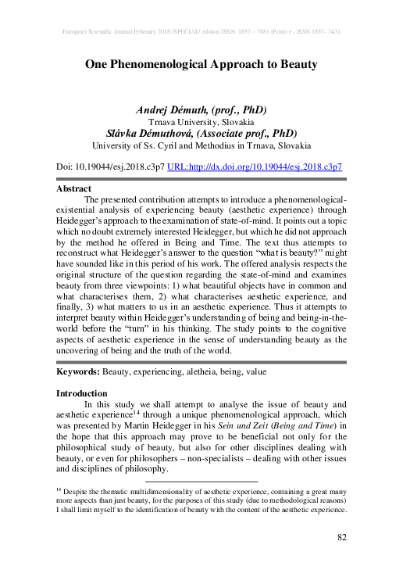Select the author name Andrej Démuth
pyautogui.click(x=170, y=109)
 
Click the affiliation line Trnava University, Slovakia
pyautogui.click(x=201, y=122)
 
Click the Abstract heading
pyautogui.click(x=74, y=188)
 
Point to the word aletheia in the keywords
pyautogui.click(x=197, y=373)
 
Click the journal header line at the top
pyautogui.click(x=201, y=32)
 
